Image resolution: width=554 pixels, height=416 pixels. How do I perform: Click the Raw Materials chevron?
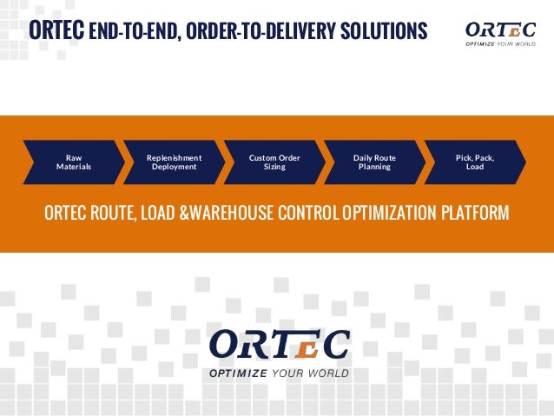pyautogui.click(x=74, y=162)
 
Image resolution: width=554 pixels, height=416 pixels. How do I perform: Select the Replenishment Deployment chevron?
pyautogui.click(x=174, y=162)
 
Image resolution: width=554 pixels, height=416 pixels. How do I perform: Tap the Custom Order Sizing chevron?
pyautogui.click(x=274, y=162)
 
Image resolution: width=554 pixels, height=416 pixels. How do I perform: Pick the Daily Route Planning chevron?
pyautogui.click(x=374, y=162)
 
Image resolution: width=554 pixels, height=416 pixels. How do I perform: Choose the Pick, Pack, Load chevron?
pyautogui.click(x=474, y=162)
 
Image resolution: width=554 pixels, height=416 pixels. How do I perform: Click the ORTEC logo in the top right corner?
pyautogui.click(x=498, y=32)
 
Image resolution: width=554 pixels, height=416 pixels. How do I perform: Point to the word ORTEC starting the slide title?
pyautogui.click(x=56, y=31)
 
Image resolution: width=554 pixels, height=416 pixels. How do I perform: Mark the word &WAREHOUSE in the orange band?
pyautogui.click(x=228, y=213)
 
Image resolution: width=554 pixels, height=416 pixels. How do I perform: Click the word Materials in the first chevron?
pyautogui.click(x=74, y=167)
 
